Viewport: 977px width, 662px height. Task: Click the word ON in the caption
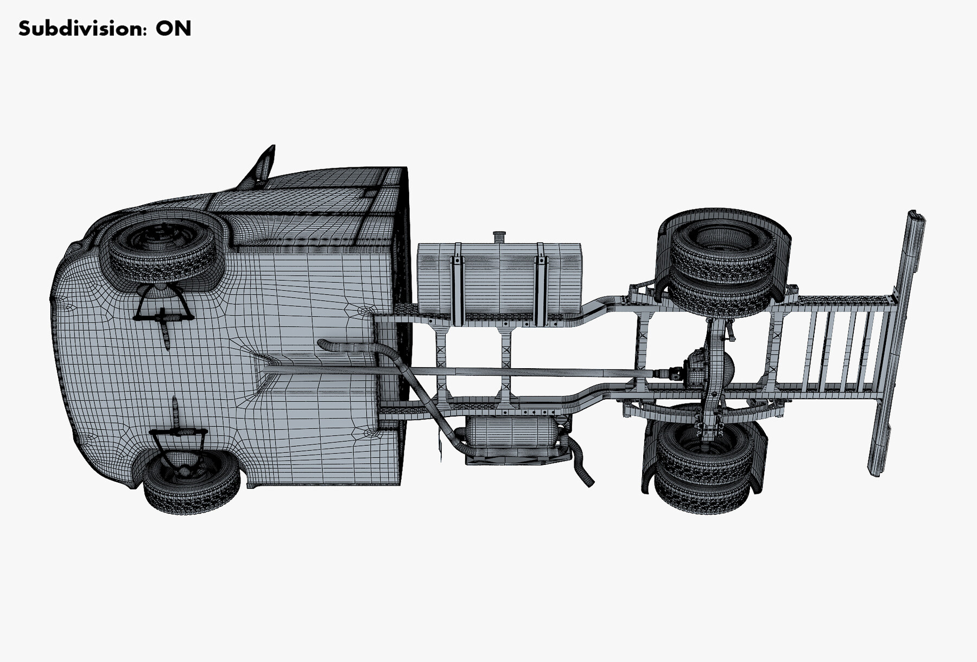point(173,28)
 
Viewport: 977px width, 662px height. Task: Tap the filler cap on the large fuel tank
point(499,237)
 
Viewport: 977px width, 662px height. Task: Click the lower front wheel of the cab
point(192,485)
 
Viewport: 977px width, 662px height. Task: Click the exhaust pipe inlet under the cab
point(326,344)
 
